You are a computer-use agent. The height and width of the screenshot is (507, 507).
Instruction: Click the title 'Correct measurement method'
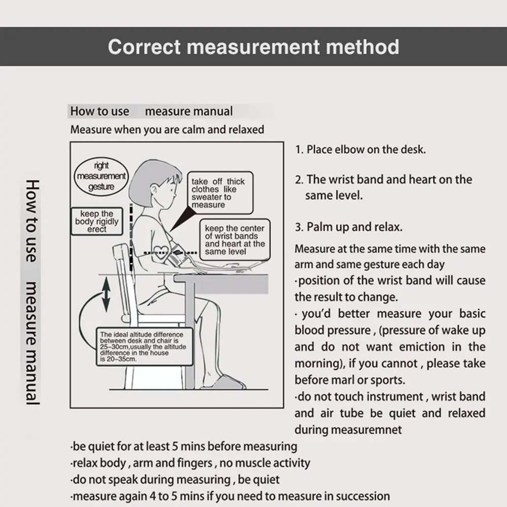[x=253, y=47]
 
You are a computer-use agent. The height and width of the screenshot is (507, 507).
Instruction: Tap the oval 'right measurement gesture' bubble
[x=101, y=176]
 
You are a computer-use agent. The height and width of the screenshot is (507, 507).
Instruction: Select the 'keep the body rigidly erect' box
[x=97, y=222]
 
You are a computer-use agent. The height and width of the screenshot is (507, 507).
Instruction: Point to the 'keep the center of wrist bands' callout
[x=234, y=240]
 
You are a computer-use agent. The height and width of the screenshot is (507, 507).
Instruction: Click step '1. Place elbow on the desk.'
[x=360, y=150]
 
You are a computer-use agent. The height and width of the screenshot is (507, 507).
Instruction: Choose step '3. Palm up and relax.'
[x=348, y=227]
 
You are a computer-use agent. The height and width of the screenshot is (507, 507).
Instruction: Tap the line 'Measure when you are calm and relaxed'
[x=167, y=129]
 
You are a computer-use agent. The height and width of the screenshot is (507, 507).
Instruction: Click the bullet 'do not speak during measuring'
[x=175, y=479]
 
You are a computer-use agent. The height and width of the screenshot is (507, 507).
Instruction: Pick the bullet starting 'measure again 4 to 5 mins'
[x=230, y=496]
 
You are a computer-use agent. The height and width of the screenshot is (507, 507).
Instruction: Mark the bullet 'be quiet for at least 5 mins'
[x=184, y=447]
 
